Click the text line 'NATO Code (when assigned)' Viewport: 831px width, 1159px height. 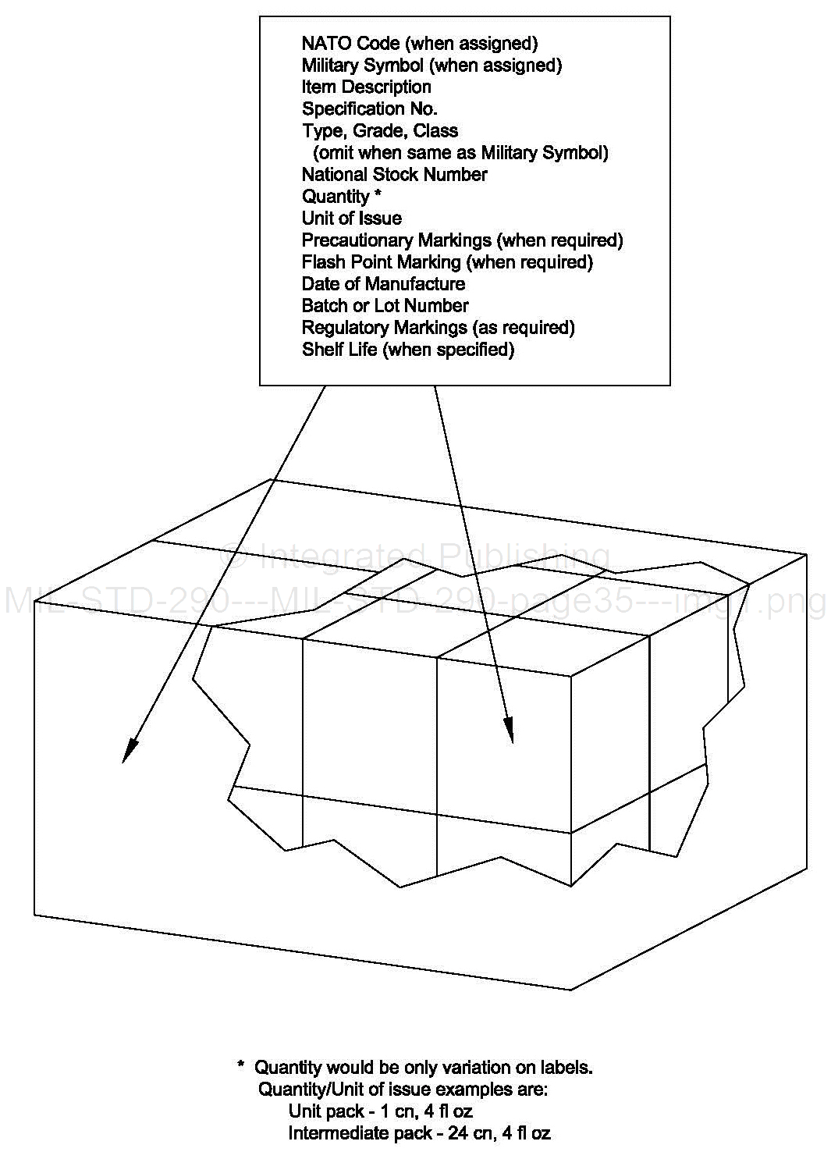pyautogui.click(x=419, y=44)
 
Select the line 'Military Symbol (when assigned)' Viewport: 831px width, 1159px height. pyautogui.click(x=431, y=66)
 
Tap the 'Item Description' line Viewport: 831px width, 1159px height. pyautogui.click(x=366, y=87)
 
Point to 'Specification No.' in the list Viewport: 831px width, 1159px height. pyautogui.click(x=369, y=109)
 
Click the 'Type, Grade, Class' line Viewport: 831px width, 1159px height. pyautogui.click(x=379, y=131)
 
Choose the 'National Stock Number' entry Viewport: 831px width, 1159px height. pyautogui.click(x=394, y=175)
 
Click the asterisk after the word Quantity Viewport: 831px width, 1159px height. pyautogui.click(x=378, y=195)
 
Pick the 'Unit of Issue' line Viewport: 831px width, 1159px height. pyautogui.click(x=351, y=219)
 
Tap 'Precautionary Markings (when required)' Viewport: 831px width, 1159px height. pyautogui.click(x=462, y=240)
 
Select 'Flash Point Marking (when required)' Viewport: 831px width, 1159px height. pyautogui.click(x=447, y=262)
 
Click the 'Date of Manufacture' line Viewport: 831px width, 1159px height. pyautogui.click(x=383, y=284)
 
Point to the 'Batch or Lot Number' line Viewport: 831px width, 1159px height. pyautogui.click(x=385, y=306)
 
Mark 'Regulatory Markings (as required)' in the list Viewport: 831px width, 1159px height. pyautogui.click(x=438, y=328)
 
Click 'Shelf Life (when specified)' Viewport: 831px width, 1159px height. pyautogui.click(x=408, y=350)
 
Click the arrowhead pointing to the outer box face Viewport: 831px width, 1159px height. pyautogui.click(x=129, y=751)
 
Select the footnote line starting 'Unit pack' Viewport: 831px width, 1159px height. pyautogui.click(x=380, y=1111)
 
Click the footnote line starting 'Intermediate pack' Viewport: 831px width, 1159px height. pyautogui.click(x=419, y=1132)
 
